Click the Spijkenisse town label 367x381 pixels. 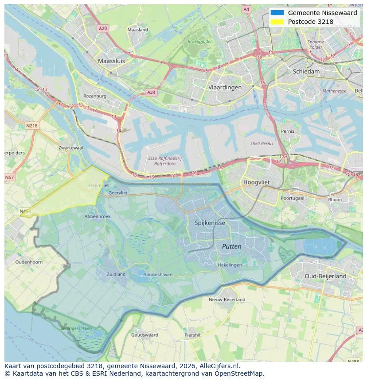click(x=210, y=223)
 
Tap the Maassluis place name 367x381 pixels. click(x=111, y=61)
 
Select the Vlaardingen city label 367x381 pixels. click(x=225, y=87)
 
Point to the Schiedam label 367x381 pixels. click(x=306, y=71)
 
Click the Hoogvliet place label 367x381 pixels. click(x=257, y=182)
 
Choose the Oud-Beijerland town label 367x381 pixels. click(x=325, y=276)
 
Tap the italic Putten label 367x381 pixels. click(x=231, y=246)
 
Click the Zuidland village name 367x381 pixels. click(x=116, y=274)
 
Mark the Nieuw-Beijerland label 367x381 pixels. click(x=227, y=300)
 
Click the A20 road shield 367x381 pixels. click(x=103, y=28)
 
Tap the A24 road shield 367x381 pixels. click(x=151, y=92)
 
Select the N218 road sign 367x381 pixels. click(x=31, y=126)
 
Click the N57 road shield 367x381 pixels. click(x=9, y=177)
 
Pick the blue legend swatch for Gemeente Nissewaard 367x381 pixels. click(x=277, y=13)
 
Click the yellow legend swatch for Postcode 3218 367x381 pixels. click(x=277, y=22)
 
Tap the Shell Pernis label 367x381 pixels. click(x=262, y=143)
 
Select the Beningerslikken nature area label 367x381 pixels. click(x=76, y=328)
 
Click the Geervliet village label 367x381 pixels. click(x=118, y=193)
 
